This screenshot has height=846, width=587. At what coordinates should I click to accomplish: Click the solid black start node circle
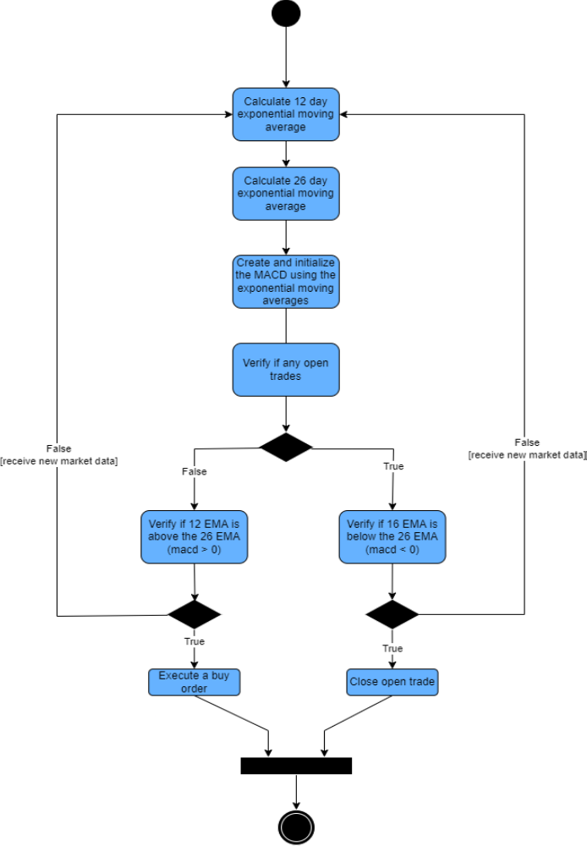coord(286,14)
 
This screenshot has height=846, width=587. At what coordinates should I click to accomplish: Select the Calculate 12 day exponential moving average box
coord(286,114)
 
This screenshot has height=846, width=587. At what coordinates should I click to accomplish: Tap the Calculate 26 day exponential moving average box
coord(286,193)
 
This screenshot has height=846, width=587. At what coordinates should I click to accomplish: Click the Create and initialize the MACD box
coord(286,281)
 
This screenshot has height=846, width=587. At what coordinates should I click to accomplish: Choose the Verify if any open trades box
coord(286,369)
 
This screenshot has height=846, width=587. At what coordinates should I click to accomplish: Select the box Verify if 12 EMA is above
coord(195,536)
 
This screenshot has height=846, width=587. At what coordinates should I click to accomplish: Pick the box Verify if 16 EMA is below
coord(392,536)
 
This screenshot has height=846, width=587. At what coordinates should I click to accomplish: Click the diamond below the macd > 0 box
coord(195,614)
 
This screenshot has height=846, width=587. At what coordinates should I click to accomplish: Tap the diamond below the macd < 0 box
coord(392,614)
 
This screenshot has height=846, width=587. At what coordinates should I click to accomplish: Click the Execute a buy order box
coord(194,682)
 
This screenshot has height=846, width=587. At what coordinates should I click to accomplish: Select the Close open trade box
coord(392,682)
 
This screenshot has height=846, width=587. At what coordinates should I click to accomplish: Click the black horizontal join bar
coord(296,766)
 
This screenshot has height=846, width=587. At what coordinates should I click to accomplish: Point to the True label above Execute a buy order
coord(195,642)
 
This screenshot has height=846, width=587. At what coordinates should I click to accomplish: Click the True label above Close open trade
coord(392,649)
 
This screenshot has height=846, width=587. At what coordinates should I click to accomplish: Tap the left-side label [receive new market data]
coord(59,461)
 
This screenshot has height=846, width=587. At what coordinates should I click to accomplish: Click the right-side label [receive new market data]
coord(527,454)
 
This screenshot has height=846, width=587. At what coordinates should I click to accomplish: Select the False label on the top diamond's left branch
coord(195,472)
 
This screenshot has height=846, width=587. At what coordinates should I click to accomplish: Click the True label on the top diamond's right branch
coord(393,466)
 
